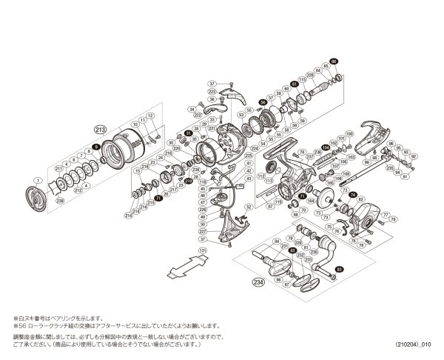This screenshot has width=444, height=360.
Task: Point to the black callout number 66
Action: pos(333,61)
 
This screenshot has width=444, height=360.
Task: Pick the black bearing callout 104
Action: pos(325,148)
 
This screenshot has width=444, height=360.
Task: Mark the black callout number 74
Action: pos(353,195)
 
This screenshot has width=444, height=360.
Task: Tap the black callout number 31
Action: pos(188,133)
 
